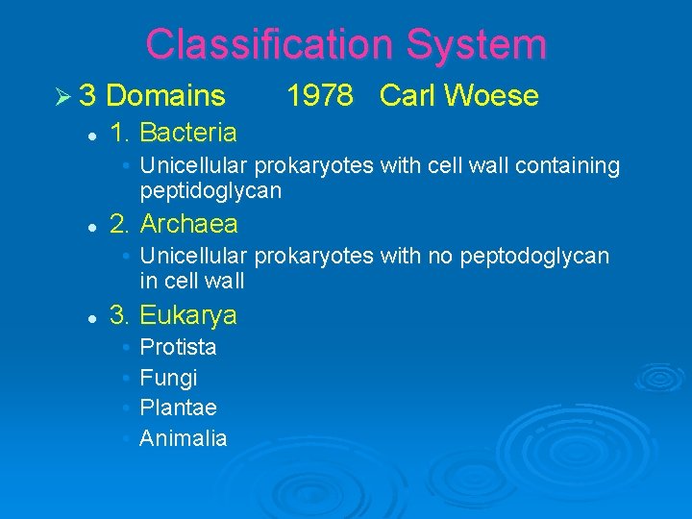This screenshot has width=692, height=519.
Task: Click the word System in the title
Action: tap(476, 44)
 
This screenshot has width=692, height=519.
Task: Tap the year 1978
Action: tap(322, 96)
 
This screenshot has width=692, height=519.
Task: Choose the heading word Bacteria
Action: tap(188, 132)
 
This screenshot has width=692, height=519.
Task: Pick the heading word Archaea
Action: tap(189, 225)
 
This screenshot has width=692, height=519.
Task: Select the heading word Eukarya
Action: tap(188, 316)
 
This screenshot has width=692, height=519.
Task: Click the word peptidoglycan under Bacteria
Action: tap(210, 191)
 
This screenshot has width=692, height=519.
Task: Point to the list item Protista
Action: tap(178, 347)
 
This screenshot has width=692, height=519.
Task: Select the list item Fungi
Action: tap(168, 378)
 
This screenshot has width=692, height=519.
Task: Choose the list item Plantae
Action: tap(178, 408)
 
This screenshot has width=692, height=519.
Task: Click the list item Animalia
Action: tap(184, 439)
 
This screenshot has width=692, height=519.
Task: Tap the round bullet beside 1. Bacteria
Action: tap(89, 134)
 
